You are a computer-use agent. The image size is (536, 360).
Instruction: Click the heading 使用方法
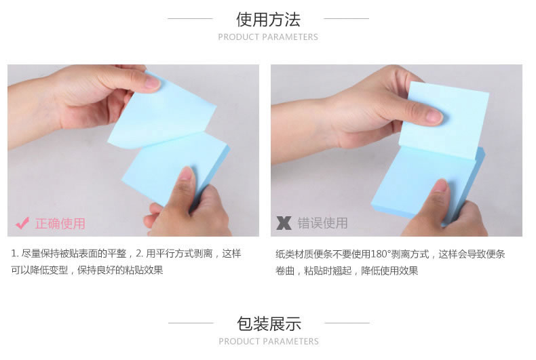tap(268, 20)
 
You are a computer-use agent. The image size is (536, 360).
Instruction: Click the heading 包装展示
tap(269, 324)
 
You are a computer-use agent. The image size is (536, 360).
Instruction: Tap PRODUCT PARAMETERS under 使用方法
tap(268, 37)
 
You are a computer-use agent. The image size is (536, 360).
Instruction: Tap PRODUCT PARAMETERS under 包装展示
tap(269, 341)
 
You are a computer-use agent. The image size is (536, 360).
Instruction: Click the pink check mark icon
tap(22, 224)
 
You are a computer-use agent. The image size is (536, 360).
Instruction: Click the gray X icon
tap(284, 223)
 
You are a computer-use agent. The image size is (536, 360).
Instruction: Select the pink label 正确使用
tap(60, 224)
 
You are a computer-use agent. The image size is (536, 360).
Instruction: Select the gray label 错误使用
tap(322, 223)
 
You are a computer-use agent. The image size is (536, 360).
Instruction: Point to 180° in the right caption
tap(381, 254)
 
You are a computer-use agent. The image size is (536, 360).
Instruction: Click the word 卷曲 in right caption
tap(285, 271)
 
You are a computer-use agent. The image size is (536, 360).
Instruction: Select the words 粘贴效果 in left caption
tap(144, 271)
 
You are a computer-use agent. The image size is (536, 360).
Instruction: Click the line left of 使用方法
tap(190, 19)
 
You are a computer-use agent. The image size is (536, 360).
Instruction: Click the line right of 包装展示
tap(347, 323)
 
